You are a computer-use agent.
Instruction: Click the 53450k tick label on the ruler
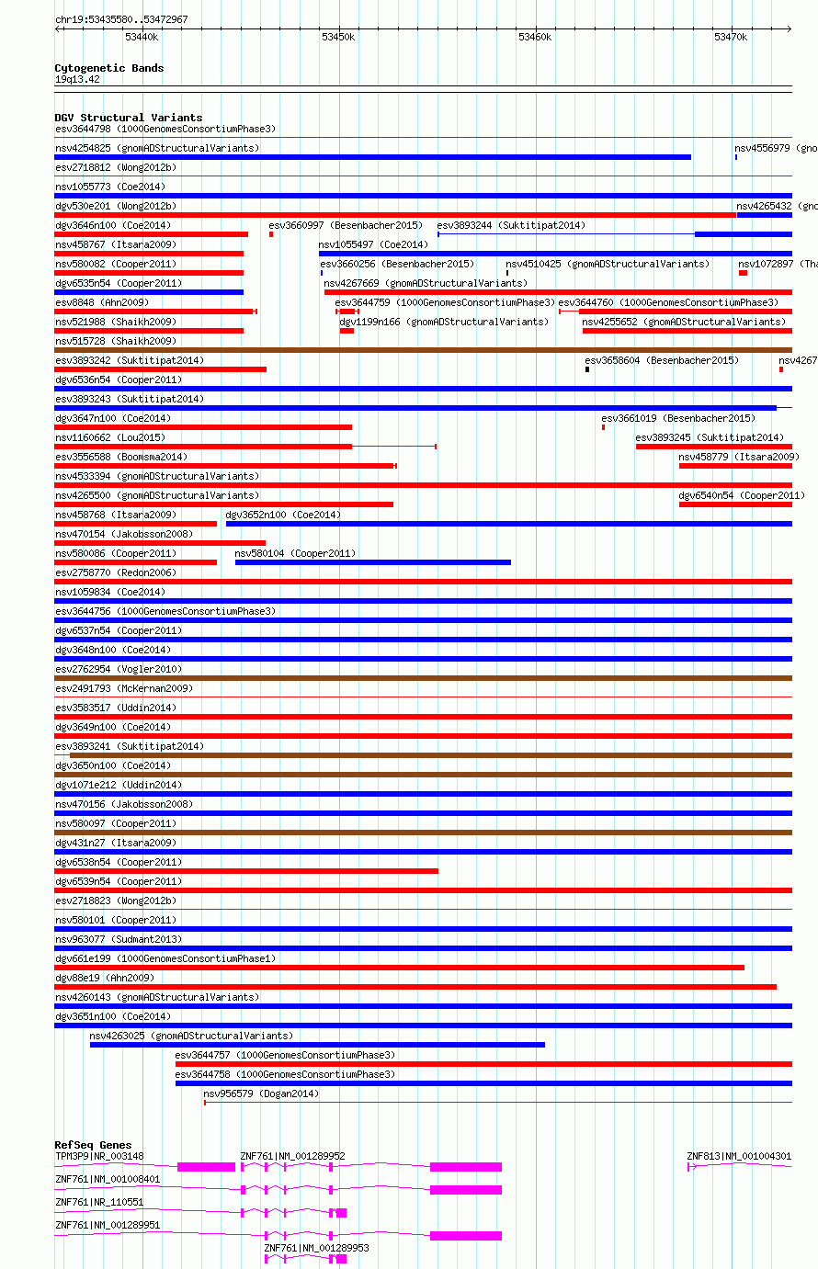click(x=338, y=37)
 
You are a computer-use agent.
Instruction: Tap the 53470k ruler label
click(x=731, y=37)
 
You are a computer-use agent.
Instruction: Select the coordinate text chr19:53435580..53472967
click(x=121, y=19)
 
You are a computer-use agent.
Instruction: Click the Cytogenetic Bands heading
click(x=108, y=68)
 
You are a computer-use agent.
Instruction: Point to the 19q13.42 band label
click(x=77, y=79)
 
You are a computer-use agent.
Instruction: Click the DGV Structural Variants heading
click(x=128, y=118)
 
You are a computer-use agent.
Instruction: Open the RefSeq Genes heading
click(x=93, y=1145)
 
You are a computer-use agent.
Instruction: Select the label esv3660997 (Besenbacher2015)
click(x=345, y=225)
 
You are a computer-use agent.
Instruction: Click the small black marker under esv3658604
click(x=587, y=369)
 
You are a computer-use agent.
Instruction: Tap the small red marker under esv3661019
click(x=604, y=427)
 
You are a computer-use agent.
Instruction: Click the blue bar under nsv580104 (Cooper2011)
click(x=372, y=562)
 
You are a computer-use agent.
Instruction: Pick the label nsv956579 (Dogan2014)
click(x=261, y=1093)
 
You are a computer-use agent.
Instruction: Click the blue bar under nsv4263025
click(x=317, y=1045)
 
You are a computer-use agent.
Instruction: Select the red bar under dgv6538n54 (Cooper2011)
click(x=246, y=871)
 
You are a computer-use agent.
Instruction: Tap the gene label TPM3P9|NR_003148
click(x=99, y=1156)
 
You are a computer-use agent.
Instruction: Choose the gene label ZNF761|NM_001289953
click(x=317, y=1248)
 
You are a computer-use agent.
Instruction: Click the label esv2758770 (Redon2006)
click(x=116, y=572)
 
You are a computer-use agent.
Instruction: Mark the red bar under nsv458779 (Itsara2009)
click(x=735, y=466)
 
